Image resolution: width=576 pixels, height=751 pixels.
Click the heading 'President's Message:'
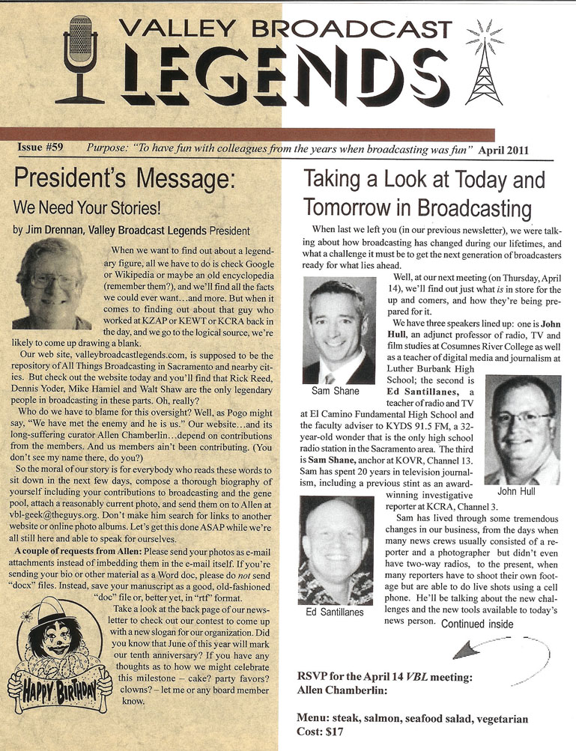124,181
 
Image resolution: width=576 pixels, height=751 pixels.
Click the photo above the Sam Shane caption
339,331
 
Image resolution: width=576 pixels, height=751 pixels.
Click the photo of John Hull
522,429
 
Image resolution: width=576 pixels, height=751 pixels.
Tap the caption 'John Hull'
518,493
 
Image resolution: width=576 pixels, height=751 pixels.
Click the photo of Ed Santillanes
336,550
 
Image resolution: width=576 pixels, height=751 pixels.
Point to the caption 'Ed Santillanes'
335,612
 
